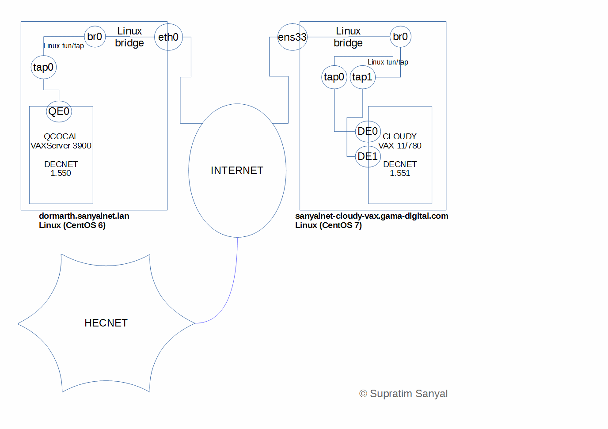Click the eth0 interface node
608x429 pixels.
(168, 37)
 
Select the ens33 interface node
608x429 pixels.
(292, 37)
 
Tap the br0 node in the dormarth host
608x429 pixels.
(95, 37)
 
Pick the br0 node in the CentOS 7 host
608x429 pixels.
(400, 37)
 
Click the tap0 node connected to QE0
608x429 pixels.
(43, 67)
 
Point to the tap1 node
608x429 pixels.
(362, 77)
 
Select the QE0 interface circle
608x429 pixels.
(59, 111)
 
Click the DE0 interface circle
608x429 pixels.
(368, 131)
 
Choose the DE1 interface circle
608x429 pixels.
(368, 156)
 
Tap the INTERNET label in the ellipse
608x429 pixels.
(237, 171)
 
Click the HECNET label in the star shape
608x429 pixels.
(106, 323)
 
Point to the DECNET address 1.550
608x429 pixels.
(61, 173)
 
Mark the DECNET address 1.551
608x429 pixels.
(400, 173)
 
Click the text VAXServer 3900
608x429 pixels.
(61, 146)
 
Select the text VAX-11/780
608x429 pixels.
(400, 146)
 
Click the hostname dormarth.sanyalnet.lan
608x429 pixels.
(84, 216)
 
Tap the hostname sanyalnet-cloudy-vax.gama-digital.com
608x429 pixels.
(372, 216)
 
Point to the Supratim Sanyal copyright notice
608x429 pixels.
(403, 394)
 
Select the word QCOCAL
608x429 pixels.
(61, 137)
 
